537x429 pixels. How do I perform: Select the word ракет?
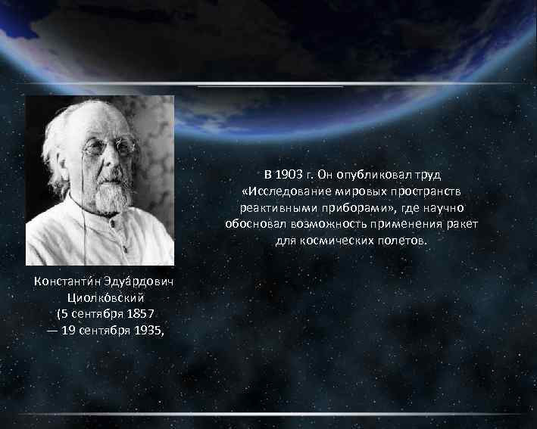[463, 224]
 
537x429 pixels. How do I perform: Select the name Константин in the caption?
[64, 281]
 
